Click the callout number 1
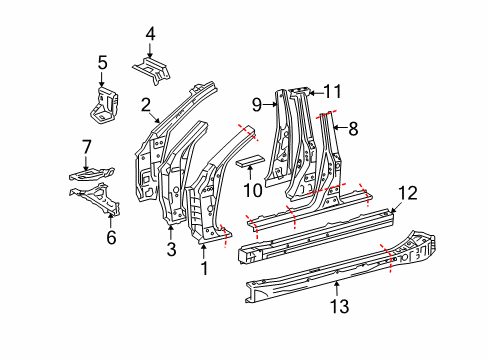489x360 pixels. (205, 267)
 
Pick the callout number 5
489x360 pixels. (102, 65)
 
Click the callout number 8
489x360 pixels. (350, 127)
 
